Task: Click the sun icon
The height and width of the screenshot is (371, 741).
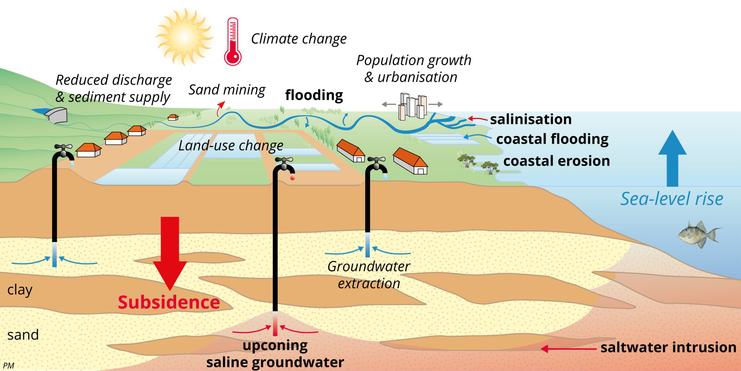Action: (x=185, y=37)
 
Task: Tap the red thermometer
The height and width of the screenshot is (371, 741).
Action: (x=233, y=42)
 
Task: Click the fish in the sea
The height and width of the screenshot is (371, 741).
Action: (x=699, y=234)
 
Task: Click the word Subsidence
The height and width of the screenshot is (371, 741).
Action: (x=169, y=302)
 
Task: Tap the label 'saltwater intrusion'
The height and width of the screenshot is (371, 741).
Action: (x=668, y=347)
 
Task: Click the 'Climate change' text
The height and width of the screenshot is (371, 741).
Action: (x=298, y=39)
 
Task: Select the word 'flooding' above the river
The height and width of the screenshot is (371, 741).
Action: (x=314, y=95)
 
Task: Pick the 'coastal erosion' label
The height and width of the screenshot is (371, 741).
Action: (x=556, y=161)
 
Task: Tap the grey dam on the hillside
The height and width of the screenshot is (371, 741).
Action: (x=57, y=115)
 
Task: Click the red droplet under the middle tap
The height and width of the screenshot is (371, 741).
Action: (x=292, y=178)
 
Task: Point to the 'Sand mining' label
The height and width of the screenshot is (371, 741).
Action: (x=227, y=90)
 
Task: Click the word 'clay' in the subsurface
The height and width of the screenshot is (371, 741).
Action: (x=20, y=290)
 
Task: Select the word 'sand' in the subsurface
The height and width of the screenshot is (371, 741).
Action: (x=23, y=335)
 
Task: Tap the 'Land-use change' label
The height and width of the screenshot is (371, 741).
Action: (x=230, y=146)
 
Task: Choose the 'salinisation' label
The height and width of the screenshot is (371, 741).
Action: (x=530, y=119)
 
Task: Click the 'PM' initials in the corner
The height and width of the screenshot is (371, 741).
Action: (x=8, y=366)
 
